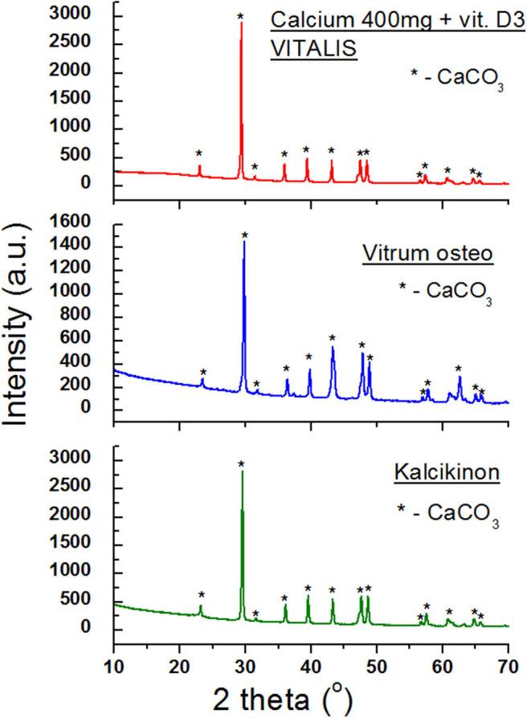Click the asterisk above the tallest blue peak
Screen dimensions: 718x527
point(245,235)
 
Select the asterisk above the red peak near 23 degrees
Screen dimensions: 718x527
point(199,153)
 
